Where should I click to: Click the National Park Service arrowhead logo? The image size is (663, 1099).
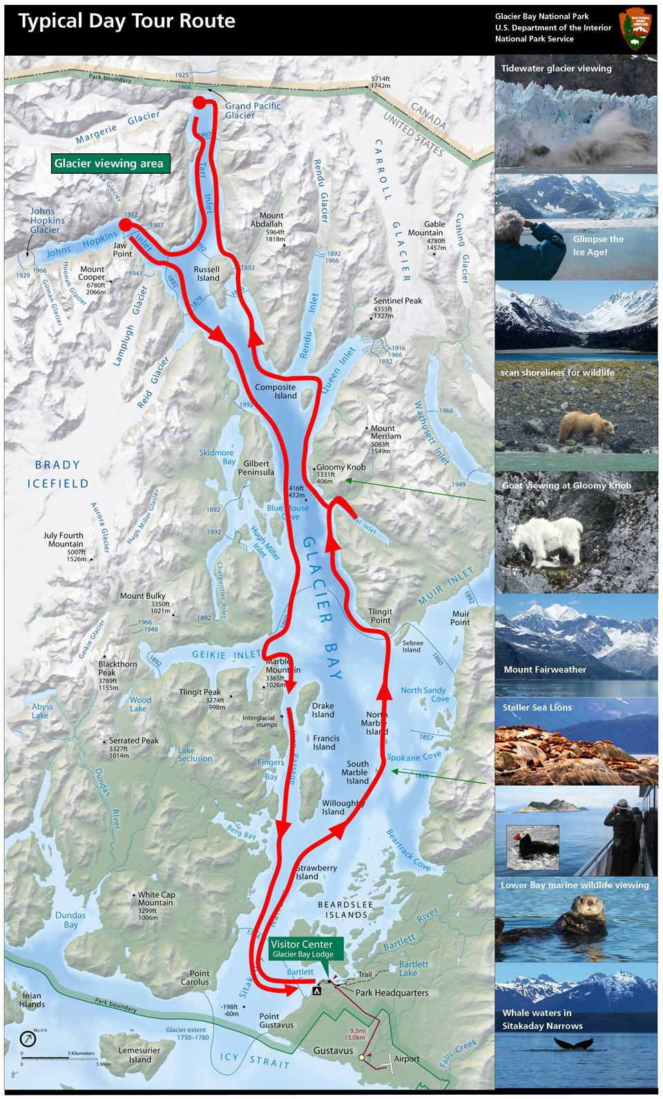click(636, 29)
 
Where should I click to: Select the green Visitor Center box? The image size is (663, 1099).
click(302, 949)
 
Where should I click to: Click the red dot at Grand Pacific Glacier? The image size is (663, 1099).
click(200, 103)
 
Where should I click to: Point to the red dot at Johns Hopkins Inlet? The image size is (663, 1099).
click(125, 224)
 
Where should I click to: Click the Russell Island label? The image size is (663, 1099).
click(207, 274)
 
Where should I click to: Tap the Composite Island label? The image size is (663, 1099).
click(276, 391)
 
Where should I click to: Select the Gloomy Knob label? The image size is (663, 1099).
click(340, 467)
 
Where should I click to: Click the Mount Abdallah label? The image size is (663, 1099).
click(267, 219)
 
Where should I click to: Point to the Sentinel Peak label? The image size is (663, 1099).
click(397, 301)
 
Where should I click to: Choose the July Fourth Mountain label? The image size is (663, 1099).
click(64, 539)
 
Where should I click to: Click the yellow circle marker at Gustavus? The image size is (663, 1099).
click(362, 1057)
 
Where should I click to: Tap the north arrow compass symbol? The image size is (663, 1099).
click(28, 1038)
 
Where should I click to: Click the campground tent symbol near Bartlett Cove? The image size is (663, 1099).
click(317, 991)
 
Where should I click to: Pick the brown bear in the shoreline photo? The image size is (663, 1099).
click(586, 426)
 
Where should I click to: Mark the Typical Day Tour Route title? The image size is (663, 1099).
click(127, 21)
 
